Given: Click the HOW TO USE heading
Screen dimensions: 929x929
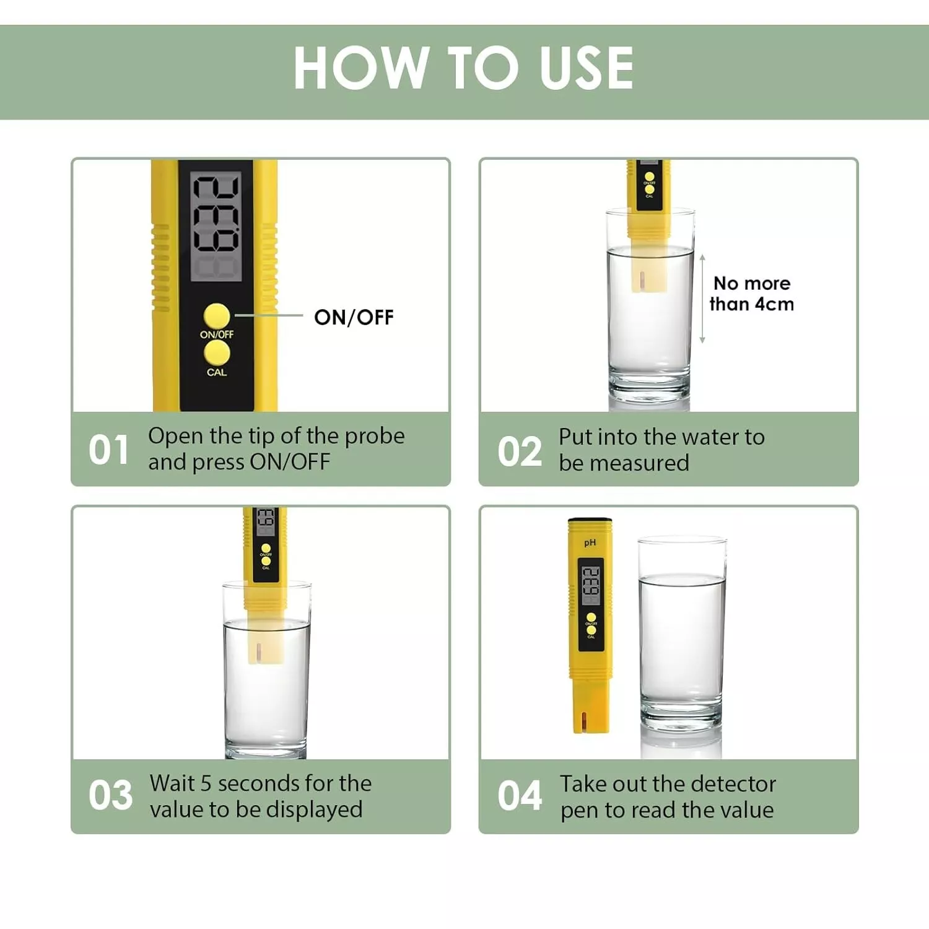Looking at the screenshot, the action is (x=463, y=68).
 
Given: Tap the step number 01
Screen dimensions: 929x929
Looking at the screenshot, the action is (x=108, y=450).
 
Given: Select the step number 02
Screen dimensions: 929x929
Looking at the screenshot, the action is (x=520, y=451).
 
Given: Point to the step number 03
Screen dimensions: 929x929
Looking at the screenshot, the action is (x=110, y=795).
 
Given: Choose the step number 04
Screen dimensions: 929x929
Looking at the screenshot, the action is (x=520, y=796).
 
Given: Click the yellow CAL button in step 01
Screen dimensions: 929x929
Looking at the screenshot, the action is (x=217, y=353).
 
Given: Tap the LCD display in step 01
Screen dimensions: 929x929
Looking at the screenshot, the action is (x=216, y=227).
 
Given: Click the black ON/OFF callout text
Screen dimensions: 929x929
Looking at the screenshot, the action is (x=354, y=317).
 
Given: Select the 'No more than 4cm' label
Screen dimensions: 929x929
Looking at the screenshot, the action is (x=752, y=294).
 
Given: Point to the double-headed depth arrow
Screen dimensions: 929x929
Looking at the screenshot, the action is (x=702, y=299).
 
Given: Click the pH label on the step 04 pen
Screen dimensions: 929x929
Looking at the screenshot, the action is (x=590, y=543).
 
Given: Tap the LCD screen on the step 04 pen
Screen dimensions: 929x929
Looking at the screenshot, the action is (x=591, y=582).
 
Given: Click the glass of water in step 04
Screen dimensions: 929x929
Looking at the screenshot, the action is (x=682, y=635).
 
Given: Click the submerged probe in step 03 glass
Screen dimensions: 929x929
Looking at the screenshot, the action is (x=266, y=644).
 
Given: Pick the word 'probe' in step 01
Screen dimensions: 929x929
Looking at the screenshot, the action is (x=375, y=437).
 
